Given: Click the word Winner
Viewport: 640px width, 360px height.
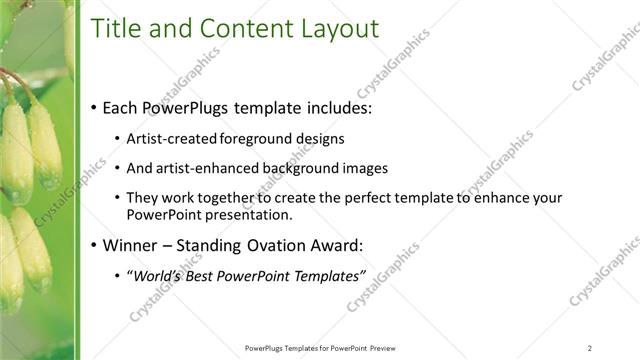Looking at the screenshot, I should pos(132,245).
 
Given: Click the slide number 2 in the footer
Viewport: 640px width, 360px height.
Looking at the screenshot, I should pos(590,347).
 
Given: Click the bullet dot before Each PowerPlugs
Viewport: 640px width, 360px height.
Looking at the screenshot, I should pos(94,108).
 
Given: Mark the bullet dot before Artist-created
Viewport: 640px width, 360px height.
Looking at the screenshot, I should pos(118,139).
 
